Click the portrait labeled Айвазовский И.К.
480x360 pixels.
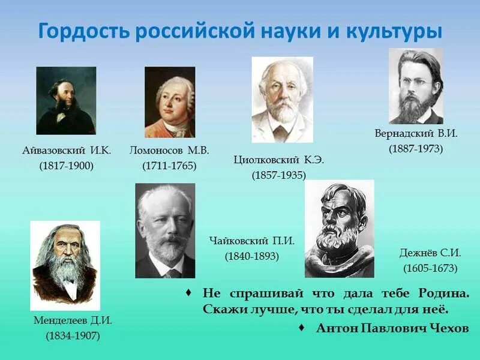[66, 100]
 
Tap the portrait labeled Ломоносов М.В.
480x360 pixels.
[170, 102]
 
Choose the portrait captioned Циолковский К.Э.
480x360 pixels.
[282, 99]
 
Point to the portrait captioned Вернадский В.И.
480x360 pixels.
[416, 86]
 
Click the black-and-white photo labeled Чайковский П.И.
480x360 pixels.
[165, 231]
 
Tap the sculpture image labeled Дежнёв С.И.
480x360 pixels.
[339, 229]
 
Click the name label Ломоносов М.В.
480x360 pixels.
[169, 151]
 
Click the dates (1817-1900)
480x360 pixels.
[67, 166]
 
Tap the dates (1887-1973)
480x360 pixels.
[416, 148]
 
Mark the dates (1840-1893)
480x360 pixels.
[252, 256]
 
